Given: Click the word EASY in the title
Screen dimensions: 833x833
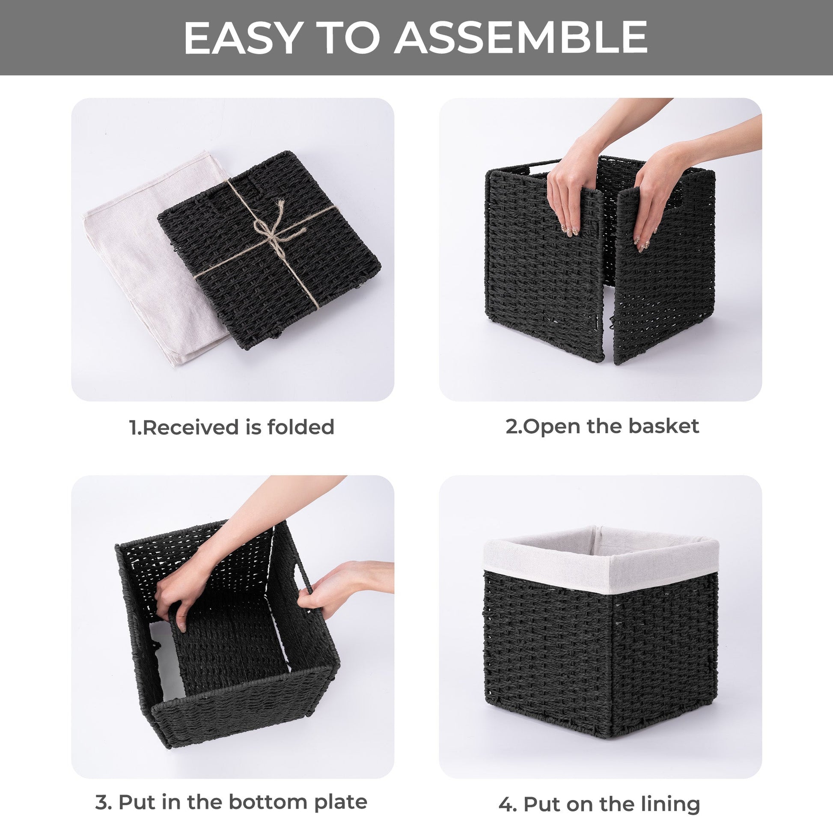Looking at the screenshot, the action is click(x=242, y=38).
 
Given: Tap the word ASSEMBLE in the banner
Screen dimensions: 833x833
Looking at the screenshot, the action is click(x=521, y=38).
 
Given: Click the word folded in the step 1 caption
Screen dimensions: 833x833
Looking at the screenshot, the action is click(x=300, y=427).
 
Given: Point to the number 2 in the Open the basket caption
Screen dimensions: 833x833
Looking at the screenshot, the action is click(x=512, y=426).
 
